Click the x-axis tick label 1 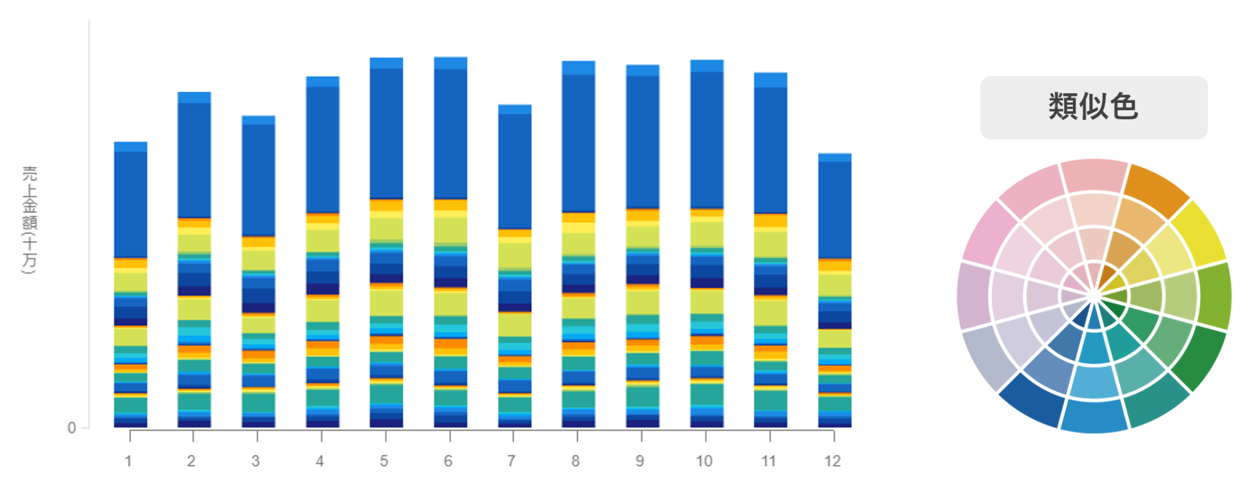click(128, 461)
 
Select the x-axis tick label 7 click(512, 461)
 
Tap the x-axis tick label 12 click(833, 461)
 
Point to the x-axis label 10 click(704, 461)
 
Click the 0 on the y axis click(72, 428)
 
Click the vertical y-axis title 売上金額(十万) click(30, 220)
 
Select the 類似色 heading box click(1093, 107)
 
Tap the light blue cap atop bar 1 click(130, 147)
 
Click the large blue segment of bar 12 click(835, 208)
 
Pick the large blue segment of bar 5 click(386, 134)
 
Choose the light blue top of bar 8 click(578, 68)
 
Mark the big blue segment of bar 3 click(258, 179)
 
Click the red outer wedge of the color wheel click(1094, 175)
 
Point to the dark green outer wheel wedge click(1199, 356)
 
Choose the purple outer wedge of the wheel click(973, 296)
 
